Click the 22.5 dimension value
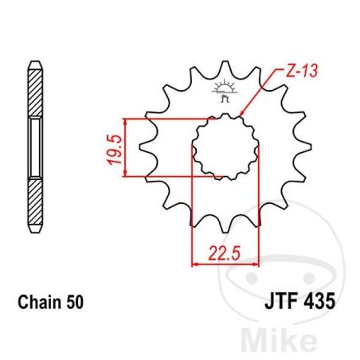coord(225,252)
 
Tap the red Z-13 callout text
coord(302,71)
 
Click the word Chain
coord(39,302)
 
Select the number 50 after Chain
coord(75,303)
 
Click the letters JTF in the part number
coord(280,302)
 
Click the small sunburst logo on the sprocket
coord(225,90)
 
